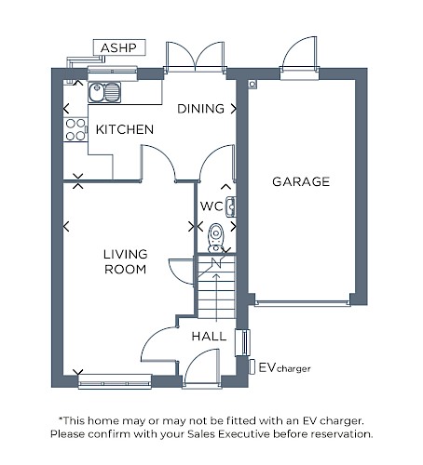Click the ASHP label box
coord(119,47)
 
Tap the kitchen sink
coord(104,92)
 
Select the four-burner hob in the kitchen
coord(75,129)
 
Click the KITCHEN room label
coord(125,129)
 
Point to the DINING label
coord(200,109)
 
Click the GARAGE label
coord(301,181)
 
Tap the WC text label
coord(211,206)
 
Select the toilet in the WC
coord(216,238)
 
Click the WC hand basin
coord(231,206)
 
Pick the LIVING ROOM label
coord(126,261)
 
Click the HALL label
coord(209,337)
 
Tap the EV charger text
coord(284,368)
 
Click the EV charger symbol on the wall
coord(252,367)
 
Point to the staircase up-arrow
coord(216,298)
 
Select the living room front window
coord(115,381)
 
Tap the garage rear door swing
coord(299,53)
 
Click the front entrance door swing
coord(201,368)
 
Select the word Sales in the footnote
coord(201,434)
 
